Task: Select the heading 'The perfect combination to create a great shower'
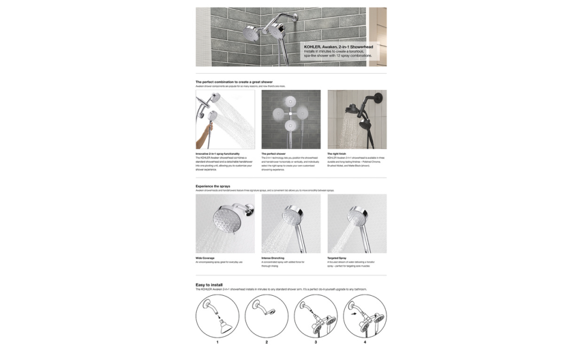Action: tap(234, 82)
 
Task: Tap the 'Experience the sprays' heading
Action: tap(212, 186)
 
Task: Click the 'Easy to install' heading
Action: tap(209, 284)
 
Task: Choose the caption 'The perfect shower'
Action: tap(273, 154)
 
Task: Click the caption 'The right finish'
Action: tap(337, 154)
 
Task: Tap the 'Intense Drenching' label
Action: tap(273, 258)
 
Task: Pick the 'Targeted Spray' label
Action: tap(337, 258)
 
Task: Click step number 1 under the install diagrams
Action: tap(217, 342)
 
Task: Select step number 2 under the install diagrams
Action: tap(266, 342)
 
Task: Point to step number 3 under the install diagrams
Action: tap(316, 342)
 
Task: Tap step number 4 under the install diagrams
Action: tap(364, 342)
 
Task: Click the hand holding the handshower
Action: tap(209, 127)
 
